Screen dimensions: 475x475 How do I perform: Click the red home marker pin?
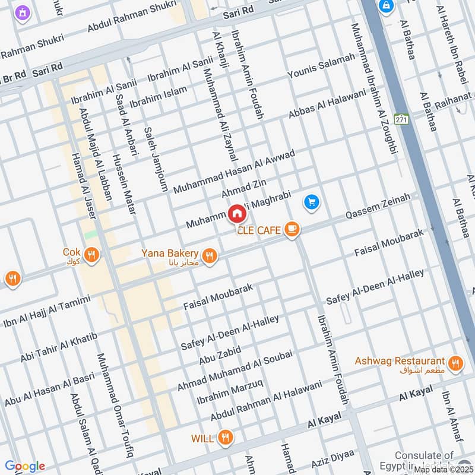(x=236, y=213)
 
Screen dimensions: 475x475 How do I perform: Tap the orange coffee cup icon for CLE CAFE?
(x=292, y=230)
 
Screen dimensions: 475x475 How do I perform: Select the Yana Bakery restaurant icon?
(x=208, y=256)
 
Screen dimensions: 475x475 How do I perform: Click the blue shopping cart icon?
(x=312, y=203)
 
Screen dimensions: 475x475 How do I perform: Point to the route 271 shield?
(x=402, y=119)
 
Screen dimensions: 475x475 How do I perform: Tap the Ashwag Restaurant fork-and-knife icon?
(x=455, y=363)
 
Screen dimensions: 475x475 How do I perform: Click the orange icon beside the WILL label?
(x=225, y=438)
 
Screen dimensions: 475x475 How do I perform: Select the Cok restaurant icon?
(x=91, y=255)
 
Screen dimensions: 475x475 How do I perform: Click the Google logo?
(x=25, y=466)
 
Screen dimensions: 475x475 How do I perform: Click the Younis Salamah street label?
(x=321, y=65)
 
